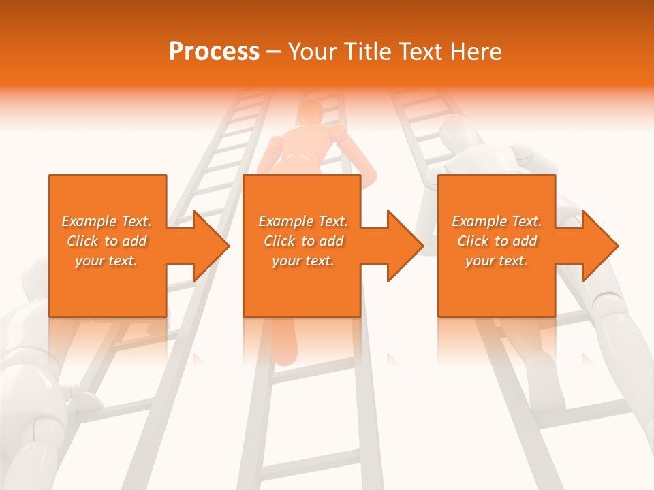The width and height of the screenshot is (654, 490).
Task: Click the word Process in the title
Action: pos(214,52)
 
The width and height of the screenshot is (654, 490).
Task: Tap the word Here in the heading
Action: pos(476,52)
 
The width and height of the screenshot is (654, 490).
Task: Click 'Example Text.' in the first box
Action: pos(107,221)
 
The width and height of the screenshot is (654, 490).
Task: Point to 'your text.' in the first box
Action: pos(107,261)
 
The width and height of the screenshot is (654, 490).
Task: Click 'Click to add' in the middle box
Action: pos(303,241)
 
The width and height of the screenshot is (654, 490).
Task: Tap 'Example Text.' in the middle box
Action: pos(303,221)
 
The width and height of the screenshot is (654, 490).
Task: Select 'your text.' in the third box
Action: pos(497,261)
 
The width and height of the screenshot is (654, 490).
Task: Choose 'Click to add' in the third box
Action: pos(497,241)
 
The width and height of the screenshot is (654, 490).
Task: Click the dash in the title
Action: pos(274,52)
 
